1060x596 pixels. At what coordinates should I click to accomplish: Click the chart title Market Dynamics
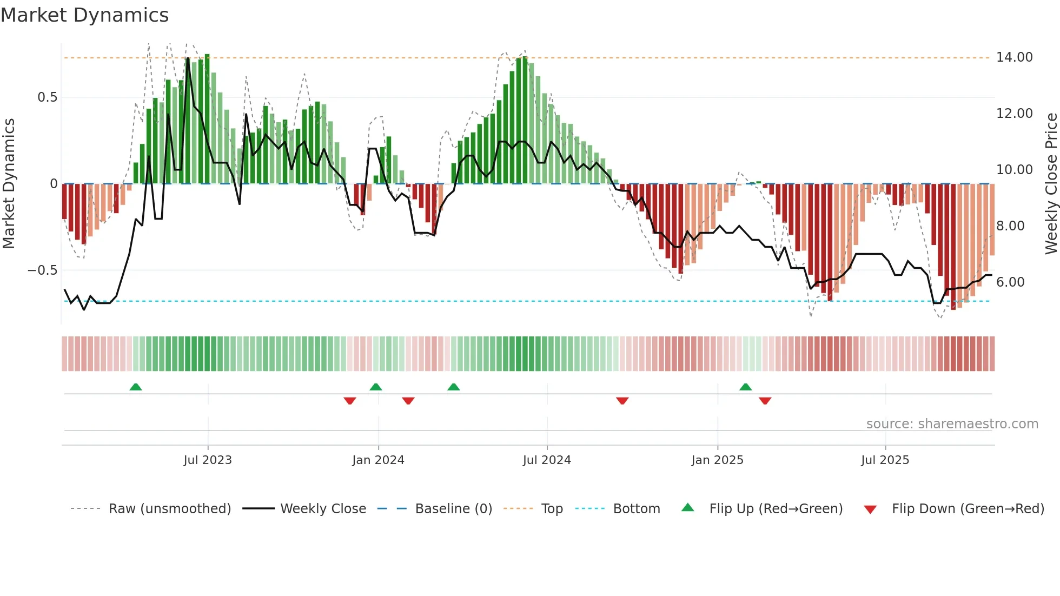coord(84,15)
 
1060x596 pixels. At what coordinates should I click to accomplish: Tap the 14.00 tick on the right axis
coord(1014,57)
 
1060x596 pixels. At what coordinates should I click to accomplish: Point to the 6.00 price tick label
coord(1010,282)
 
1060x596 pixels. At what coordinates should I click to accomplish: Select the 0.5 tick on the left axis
coord(47,97)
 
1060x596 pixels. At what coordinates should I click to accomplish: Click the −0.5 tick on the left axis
coord(42,270)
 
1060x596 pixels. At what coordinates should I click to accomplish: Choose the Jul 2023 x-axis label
coord(208,460)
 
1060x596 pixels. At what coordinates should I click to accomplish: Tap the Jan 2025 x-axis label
coord(717,460)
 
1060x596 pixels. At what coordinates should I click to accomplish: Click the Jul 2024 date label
coord(547,460)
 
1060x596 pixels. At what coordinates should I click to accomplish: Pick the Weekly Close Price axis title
coord(1051,184)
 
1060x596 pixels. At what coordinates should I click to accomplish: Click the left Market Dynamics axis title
coord(9,184)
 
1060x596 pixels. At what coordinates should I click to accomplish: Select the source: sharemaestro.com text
coord(952,424)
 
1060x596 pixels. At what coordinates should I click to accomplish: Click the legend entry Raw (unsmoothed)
coord(169,509)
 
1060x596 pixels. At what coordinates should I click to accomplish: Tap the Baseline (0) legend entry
coord(453,509)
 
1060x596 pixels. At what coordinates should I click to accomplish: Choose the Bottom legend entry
coord(636,509)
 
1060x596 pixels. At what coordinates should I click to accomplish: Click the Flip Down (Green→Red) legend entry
coord(968,509)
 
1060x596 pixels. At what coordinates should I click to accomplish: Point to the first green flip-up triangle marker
coord(136,387)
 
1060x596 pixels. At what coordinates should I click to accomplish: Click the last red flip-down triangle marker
coord(765,401)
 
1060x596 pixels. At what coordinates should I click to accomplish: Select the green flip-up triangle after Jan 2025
coord(745,387)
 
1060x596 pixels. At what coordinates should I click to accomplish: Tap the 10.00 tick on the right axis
coord(1014,170)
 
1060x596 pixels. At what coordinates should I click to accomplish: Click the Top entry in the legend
coord(552,509)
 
